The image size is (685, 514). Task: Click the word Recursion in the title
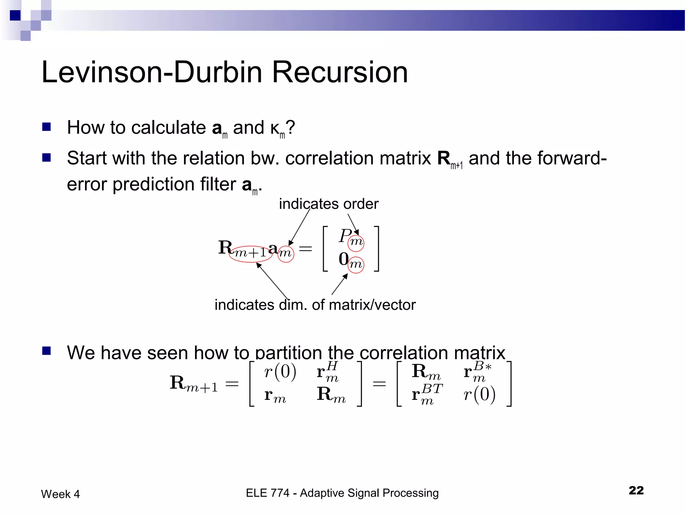point(340,72)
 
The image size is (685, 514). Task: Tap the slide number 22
point(636,490)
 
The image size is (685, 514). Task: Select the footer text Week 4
point(60,494)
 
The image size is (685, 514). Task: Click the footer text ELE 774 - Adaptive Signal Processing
point(342,493)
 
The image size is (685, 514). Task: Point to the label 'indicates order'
point(328,204)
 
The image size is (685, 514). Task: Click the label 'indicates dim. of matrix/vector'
point(315,305)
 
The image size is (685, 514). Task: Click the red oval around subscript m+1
point(251,253)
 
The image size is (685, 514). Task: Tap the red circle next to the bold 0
point(356,265)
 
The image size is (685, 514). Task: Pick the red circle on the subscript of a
point(286,253)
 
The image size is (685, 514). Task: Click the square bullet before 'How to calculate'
point(46,127)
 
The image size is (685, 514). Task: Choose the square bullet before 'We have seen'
point(46,351)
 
